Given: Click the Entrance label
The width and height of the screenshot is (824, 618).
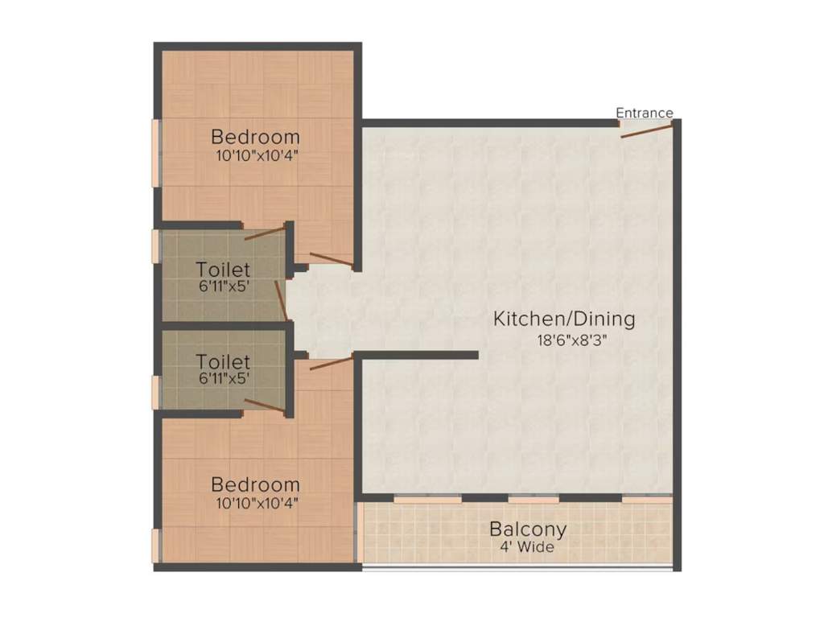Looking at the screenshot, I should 645,113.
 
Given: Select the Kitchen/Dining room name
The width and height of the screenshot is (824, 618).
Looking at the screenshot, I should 564,319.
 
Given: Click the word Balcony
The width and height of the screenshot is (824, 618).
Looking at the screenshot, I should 528,529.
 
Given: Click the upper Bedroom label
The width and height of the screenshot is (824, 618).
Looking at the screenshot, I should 255,137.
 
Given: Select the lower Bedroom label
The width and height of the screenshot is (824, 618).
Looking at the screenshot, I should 255,485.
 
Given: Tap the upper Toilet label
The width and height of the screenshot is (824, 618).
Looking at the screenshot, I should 223,270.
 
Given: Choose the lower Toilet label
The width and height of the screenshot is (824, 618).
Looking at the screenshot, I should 223,362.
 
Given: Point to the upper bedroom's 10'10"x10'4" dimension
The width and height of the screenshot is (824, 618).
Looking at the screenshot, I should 255,156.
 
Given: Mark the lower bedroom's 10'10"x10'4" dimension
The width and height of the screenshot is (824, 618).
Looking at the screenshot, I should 255,505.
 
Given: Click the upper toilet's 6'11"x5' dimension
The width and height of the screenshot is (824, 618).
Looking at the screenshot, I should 223,287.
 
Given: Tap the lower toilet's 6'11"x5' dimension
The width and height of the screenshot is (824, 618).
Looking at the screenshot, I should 223,377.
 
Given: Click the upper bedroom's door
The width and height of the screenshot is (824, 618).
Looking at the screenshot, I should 331,258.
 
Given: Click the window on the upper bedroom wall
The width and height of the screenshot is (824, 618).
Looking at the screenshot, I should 155,153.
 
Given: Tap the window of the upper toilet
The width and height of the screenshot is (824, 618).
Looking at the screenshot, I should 155,246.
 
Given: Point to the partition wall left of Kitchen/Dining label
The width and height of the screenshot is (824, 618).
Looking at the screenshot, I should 418,354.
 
